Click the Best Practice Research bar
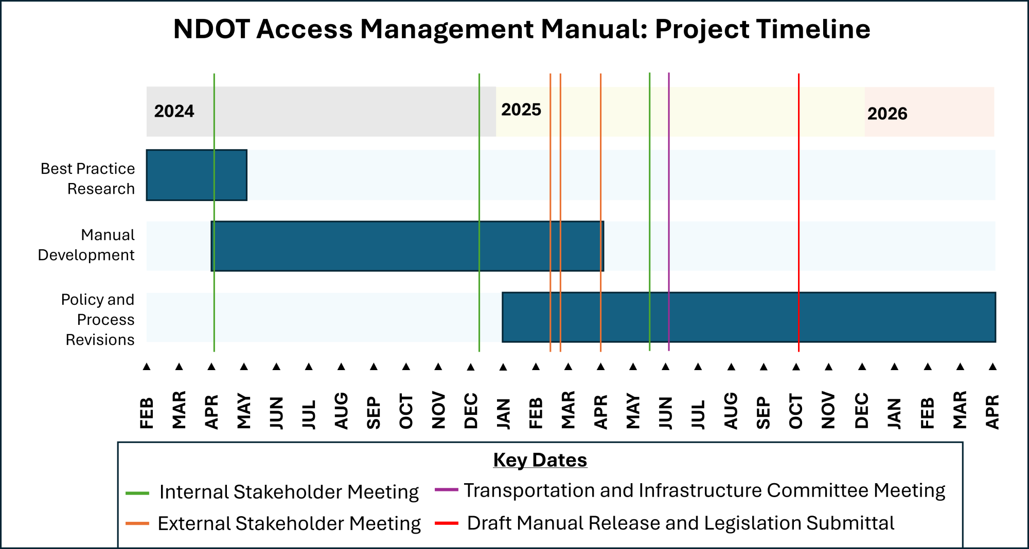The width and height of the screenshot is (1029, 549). click(x=180, y=175)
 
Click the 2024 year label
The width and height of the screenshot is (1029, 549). click(x=174, y=111)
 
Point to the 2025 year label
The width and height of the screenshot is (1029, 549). click(x=521, y=109)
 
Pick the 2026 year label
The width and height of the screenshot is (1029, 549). click(x=887, y=114)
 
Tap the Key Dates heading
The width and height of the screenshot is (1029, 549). click(x=540, y=460)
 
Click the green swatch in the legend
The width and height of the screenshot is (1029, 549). click(x=137, y=493)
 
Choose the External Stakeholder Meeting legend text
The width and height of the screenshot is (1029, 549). click(x=289, y=523)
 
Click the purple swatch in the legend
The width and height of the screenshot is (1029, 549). click(x=446, y=489)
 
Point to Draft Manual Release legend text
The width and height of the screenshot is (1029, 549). click(x=680, y=523)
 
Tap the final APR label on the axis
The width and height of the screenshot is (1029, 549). click(x=992, y=411)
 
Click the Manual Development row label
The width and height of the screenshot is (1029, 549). click(x=86, y=245)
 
